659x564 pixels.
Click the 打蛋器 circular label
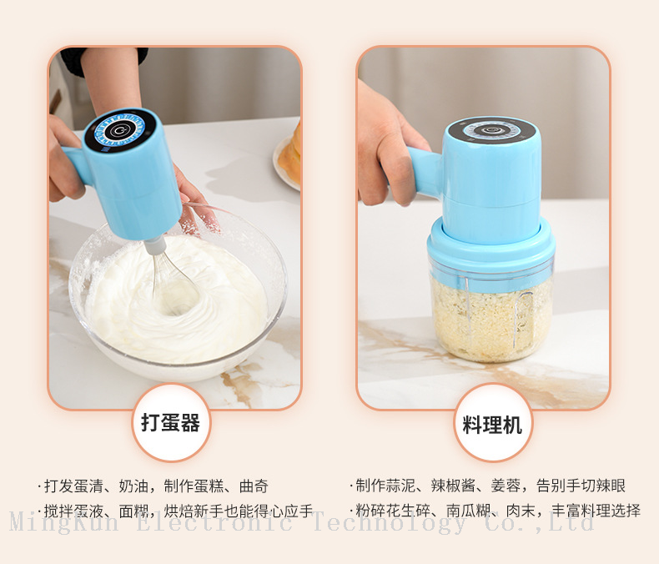tap(172, 423)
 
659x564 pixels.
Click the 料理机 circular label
tap(492, 423)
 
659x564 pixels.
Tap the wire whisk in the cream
tap(173, 277)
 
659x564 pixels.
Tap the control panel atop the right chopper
tap(490, 130)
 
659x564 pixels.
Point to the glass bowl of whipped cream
tap(178, 295)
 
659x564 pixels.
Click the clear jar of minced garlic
tap(490, 313)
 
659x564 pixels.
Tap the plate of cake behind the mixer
tap(289, 158)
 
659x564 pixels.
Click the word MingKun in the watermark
tap(63, 522)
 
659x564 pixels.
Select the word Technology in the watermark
tap(390, 523)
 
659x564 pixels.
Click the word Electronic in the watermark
tap(214, 522)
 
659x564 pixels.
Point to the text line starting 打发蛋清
tap(153, 486)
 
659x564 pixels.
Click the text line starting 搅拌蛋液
tap(175, 511)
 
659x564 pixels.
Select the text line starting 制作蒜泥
tap(487, 486)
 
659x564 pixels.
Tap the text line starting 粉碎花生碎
tap(495, 511)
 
